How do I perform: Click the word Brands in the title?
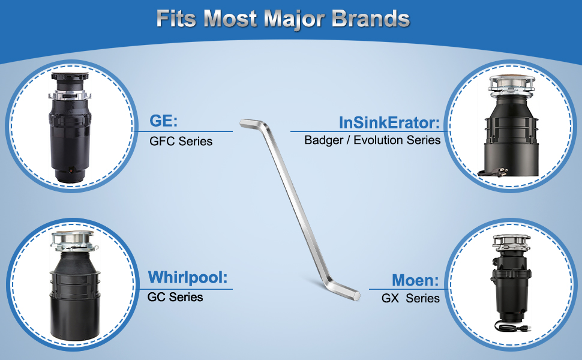(x=370, y=18)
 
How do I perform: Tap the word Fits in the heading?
(x=176, y=18)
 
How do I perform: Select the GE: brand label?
(x=163, y=121)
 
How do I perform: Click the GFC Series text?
(x=181, y=142)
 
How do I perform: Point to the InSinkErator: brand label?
(x=389, y=122)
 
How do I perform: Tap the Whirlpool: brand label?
(x=187, y=277)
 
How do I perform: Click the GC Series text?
(x=175, y=297)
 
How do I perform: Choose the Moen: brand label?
(x=415, y=280)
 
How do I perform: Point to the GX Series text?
(x=410, y=298)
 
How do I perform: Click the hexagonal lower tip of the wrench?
(x=356, y=295)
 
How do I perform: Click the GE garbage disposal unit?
(x=70, y=127)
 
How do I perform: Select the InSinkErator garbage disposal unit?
(x=511, y=126)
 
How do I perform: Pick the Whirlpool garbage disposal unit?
(x=74, y=285)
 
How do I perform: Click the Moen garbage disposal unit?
(x=512, y=283)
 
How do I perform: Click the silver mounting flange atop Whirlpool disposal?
(x=73, y=240)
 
